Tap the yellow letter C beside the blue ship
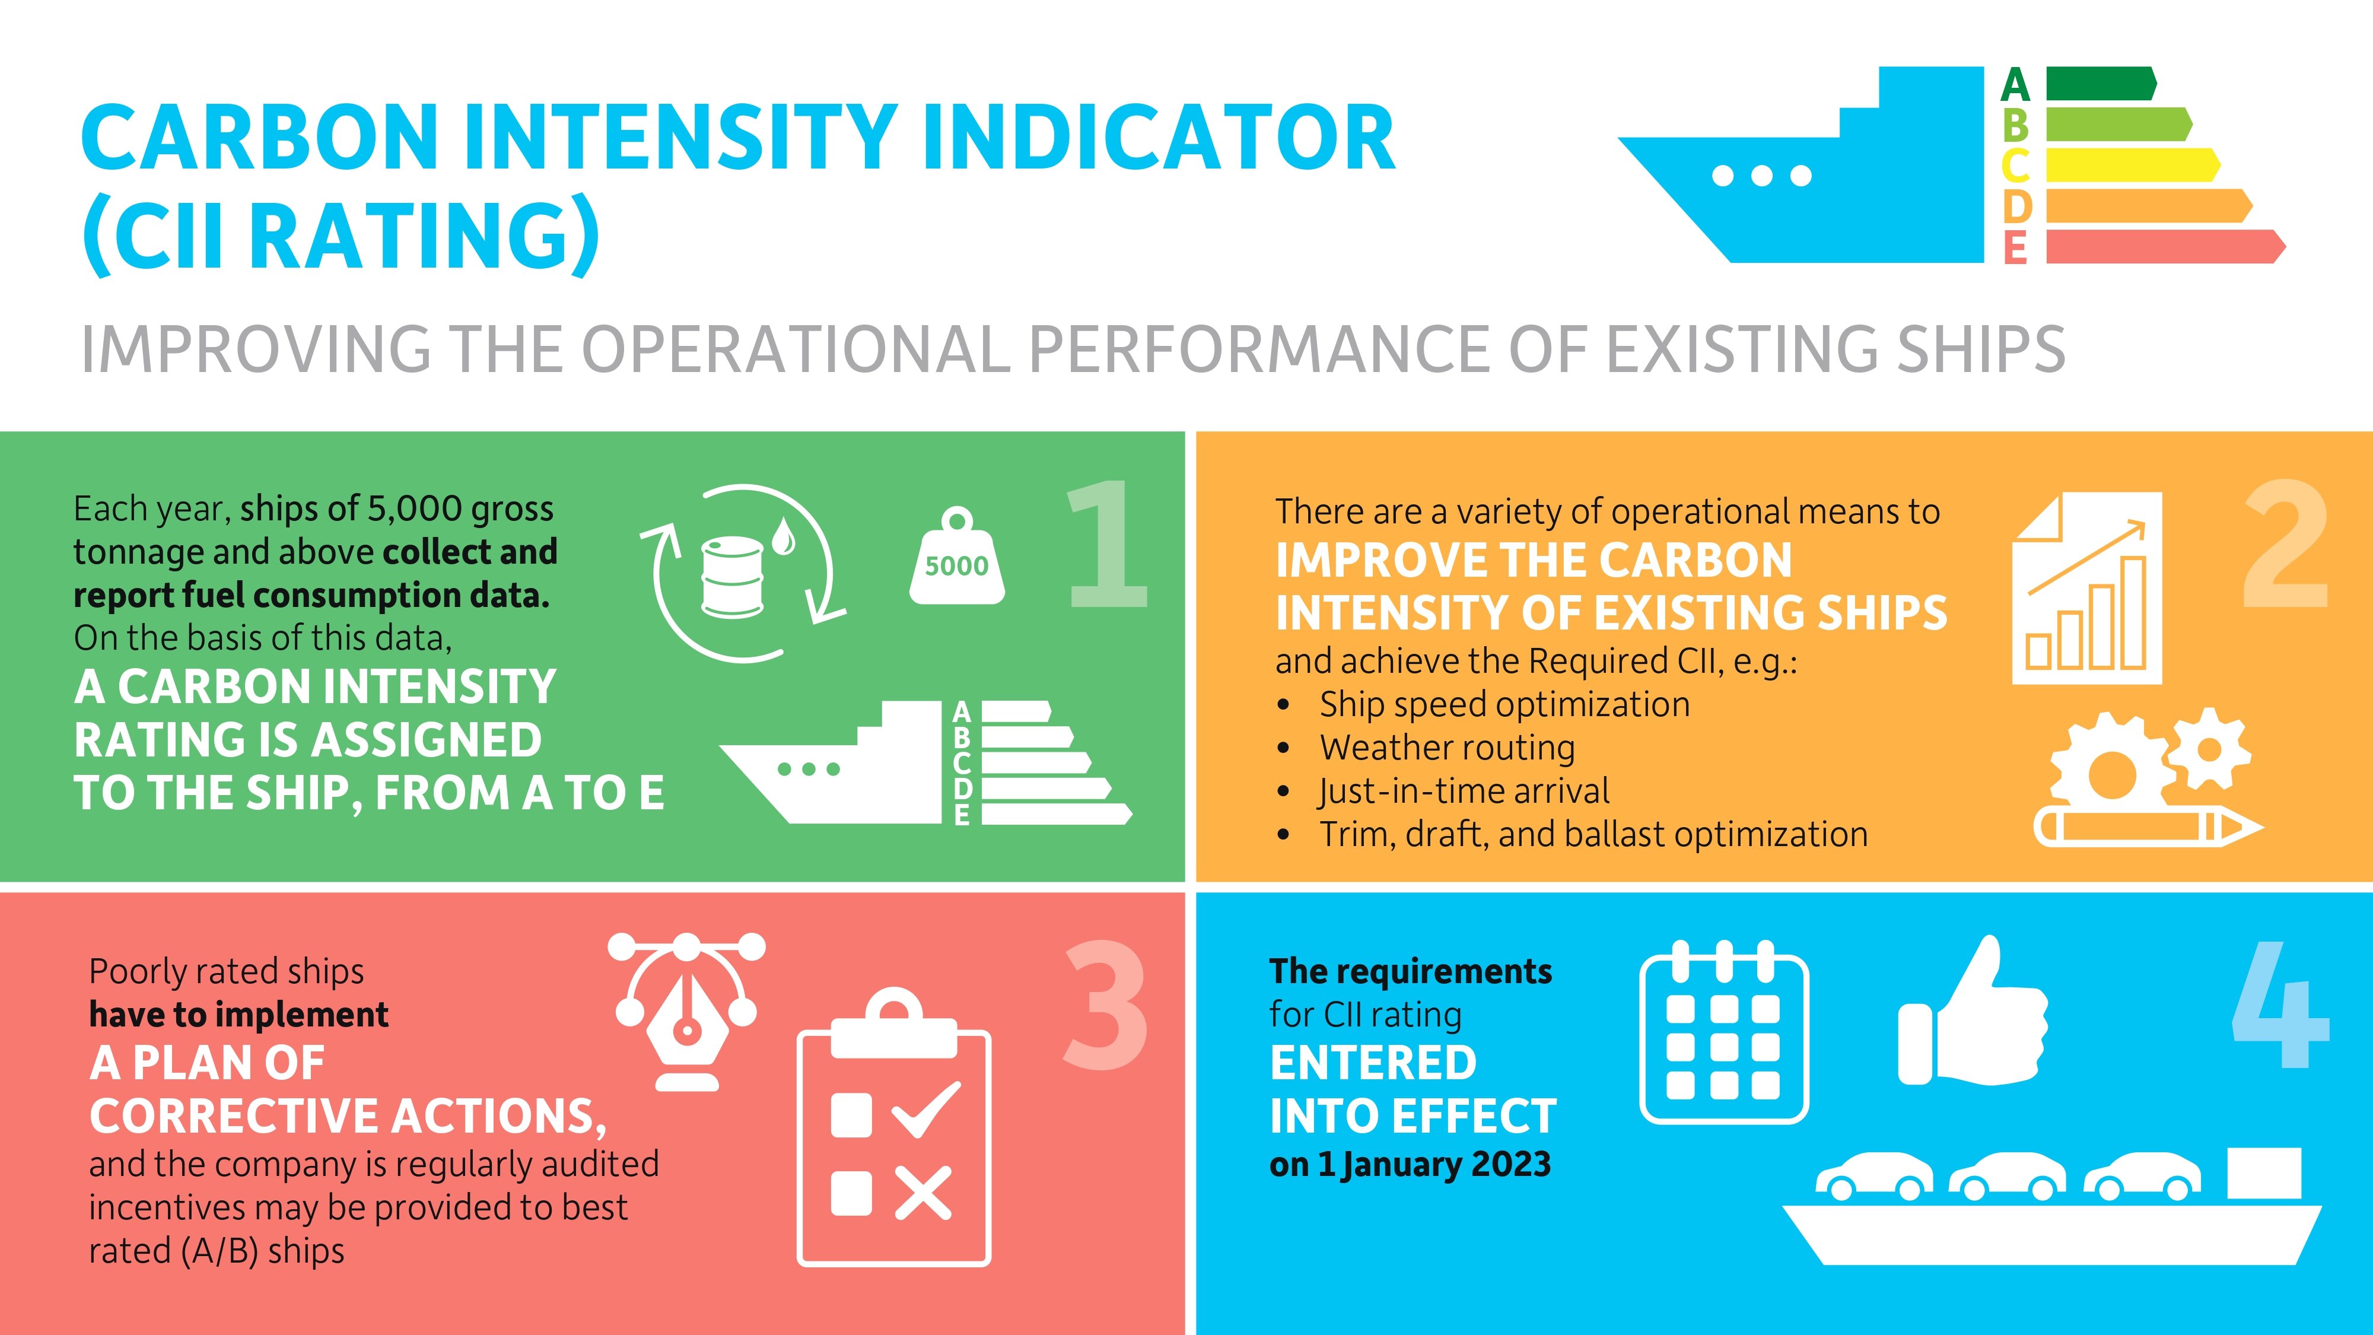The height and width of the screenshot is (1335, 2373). coord(2015,166)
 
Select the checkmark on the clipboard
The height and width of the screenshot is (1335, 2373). coord(926,1110)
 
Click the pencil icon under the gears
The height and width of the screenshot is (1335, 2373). coord(2146,827)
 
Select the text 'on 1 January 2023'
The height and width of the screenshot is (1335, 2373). coord(1410,1165)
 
